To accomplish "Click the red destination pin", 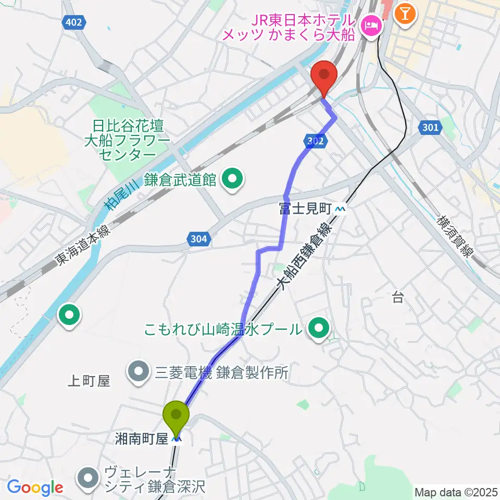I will [x=323, y=77].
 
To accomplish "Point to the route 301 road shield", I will [x=431, y=127].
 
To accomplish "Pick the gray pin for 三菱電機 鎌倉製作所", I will [x=139, y=372].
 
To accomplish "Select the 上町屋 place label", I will [x=89, y=381].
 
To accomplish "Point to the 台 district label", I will [x=398, y=297].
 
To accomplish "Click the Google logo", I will [x=35, y=488].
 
